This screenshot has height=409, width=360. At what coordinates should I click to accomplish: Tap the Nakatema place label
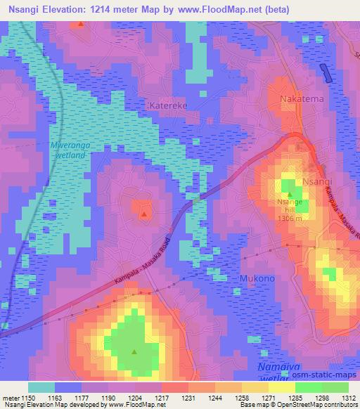pos(302,99)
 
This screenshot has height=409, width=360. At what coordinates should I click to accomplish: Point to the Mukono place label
pos(257,278)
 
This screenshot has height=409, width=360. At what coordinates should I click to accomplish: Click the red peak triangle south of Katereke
pos(143,213)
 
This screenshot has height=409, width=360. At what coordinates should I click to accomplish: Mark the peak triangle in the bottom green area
pos(134,352)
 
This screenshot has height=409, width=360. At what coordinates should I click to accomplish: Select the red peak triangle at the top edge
pos(81,25)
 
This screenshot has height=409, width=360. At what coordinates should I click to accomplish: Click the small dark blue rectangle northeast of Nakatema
pos(324,72)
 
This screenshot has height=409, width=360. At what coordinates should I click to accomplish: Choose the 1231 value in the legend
pos(174,397)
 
